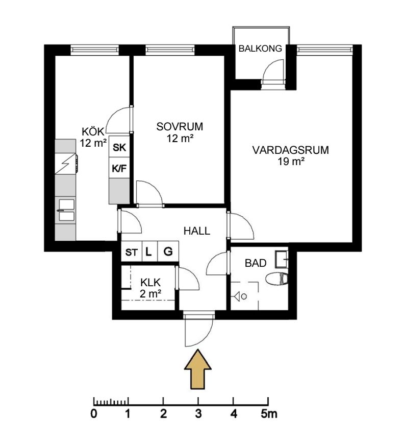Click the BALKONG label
[260, 49]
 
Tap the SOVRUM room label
[180, 127]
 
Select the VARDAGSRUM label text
[291, 150]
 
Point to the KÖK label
[93, 131]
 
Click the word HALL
[197, 231]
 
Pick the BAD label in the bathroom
[256, 263]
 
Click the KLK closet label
[150, 283]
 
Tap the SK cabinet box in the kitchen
[119, 147]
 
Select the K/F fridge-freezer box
[119, 168]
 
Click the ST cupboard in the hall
[132, 252]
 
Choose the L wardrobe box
[149, 251]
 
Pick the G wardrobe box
[168, 251]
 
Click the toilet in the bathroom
[276, 279]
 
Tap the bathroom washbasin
[282, 259]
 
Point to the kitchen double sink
[67, 210]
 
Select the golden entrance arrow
[198, 369]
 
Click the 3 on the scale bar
[198, 414]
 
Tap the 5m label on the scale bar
[269, 414]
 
